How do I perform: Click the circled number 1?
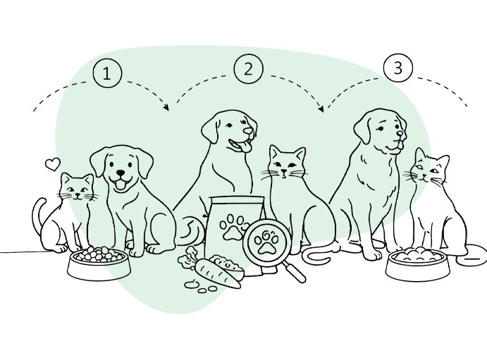point(107,73)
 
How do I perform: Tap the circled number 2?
point(248,69)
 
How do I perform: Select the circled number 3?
point(398,68)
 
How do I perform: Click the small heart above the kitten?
point(52,164)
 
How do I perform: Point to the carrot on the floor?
point(217,272)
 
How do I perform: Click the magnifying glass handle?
point(295,271)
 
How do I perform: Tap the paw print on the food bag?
point(234,228)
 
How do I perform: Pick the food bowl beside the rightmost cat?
point(418,264)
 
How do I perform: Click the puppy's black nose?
point(121,173)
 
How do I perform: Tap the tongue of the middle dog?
point(246,147)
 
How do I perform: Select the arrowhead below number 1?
point(166,107)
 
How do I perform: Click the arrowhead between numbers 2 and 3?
point(321,108)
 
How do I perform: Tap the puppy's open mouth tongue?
point(120,185)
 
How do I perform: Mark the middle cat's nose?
point(283,171)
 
